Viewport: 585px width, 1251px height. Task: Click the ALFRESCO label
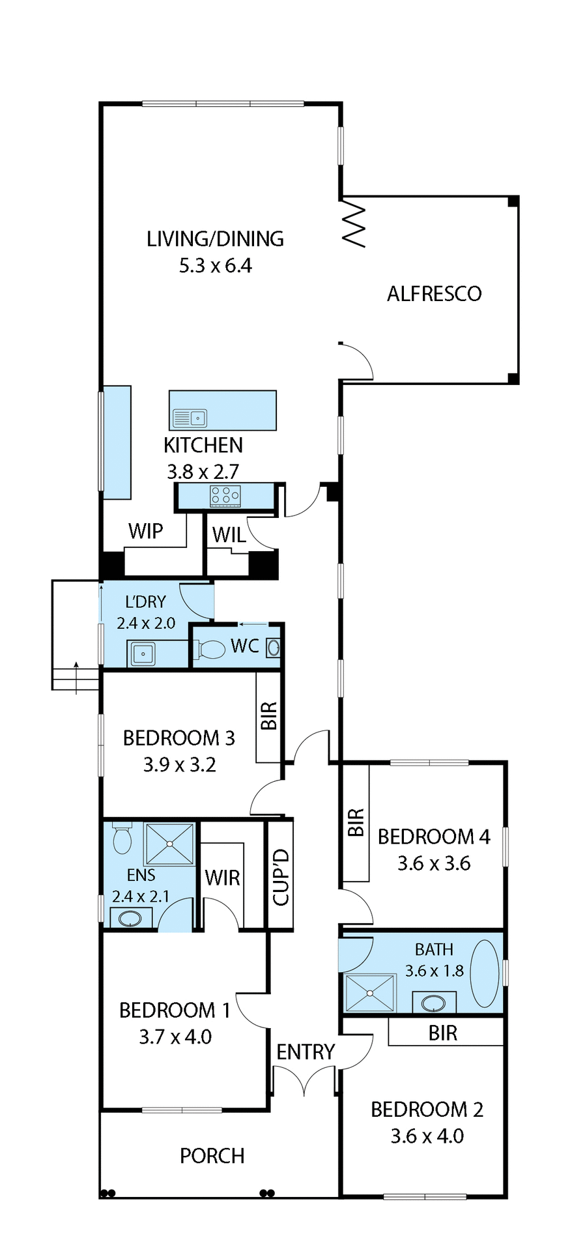point(434,294)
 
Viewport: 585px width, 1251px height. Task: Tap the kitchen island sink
point(190,418)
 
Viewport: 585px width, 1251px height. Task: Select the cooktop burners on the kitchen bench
point(225,496)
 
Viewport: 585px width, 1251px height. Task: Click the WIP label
point(145,531)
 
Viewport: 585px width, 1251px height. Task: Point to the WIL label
point(229,535)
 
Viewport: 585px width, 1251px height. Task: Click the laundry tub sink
point(143,654)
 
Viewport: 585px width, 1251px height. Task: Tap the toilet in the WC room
point(210,649)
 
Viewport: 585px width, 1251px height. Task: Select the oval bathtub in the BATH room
point(485,973)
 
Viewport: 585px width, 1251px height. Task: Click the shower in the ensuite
point(169,844)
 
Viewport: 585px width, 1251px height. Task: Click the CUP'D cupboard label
point(281,876)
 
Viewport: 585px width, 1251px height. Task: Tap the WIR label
point(222,878)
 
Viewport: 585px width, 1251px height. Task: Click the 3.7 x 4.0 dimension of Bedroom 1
point(175,1037)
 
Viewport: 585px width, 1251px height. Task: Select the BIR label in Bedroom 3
point(269,715)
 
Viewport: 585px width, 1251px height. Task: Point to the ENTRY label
point(305,1052)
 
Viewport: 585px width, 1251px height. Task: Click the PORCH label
point(212,1156)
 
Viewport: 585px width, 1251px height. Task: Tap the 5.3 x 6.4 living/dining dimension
point(216,266)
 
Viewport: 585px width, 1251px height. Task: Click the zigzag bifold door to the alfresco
point(354,223)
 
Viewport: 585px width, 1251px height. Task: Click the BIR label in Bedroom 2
point(443,1033)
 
